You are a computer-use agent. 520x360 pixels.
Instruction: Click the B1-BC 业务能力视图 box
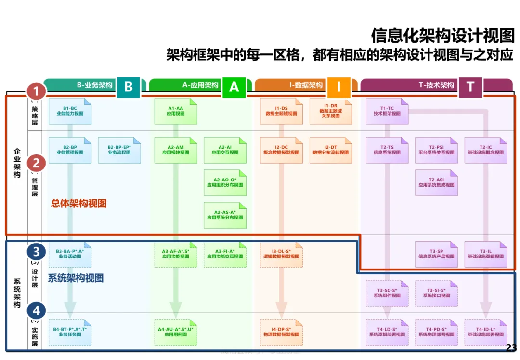click(70, 111)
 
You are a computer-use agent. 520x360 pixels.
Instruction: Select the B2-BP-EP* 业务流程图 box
click(119, 150)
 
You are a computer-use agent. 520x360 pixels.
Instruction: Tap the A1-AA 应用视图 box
click(176, 111)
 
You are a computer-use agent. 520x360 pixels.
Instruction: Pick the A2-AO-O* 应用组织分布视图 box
click(225, 183)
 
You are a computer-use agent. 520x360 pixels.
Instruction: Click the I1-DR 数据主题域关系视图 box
click(330, 111)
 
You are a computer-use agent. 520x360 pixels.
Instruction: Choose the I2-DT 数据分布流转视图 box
click(330, 150)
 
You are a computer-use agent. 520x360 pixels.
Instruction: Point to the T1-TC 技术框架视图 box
click(387, 111)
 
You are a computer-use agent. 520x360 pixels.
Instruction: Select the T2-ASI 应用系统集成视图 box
click(436, 183)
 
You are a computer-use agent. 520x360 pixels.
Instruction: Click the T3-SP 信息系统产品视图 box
click(436, 254)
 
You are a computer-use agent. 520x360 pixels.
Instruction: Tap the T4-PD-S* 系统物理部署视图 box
click(436, 332)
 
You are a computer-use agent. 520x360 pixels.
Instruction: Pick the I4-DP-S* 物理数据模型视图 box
click(281, 332)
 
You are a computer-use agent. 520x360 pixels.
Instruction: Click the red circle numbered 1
click(36, 91)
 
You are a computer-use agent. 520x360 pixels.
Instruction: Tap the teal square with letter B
click(128, 87)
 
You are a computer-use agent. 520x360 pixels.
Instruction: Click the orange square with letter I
click(339, 87)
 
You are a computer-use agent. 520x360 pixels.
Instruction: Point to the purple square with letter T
click(470, 87)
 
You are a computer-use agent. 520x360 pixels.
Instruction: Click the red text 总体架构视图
click(78, 204)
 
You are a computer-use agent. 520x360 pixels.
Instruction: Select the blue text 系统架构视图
click(76, 278)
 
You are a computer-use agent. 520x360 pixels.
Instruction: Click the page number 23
click(511, 347)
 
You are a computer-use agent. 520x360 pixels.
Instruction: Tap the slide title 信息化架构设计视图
click(442, 35)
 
